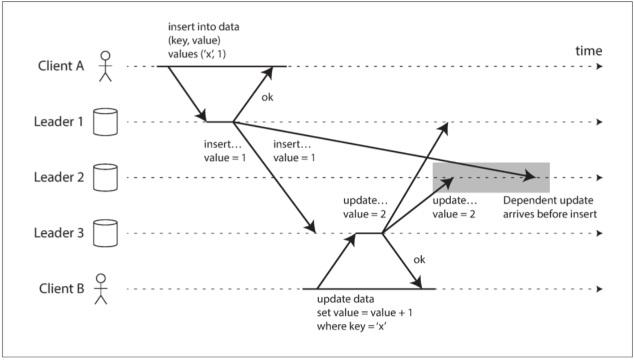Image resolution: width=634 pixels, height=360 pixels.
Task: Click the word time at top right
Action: point(589,52)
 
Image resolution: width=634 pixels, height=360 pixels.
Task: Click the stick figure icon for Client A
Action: point(105,66)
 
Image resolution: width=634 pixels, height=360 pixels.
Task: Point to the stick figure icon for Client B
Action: point(101,289)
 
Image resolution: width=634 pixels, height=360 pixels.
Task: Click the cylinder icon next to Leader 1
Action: point(105,122)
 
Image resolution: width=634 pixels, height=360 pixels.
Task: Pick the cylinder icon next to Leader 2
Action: point(105,177)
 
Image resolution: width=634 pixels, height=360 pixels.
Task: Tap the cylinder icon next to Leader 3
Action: point(105,233)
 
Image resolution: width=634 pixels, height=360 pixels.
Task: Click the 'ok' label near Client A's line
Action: point(267,97)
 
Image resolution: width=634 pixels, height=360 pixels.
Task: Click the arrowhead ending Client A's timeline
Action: point(599,67)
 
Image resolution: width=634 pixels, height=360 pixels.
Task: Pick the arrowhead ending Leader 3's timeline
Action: point(599,233)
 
